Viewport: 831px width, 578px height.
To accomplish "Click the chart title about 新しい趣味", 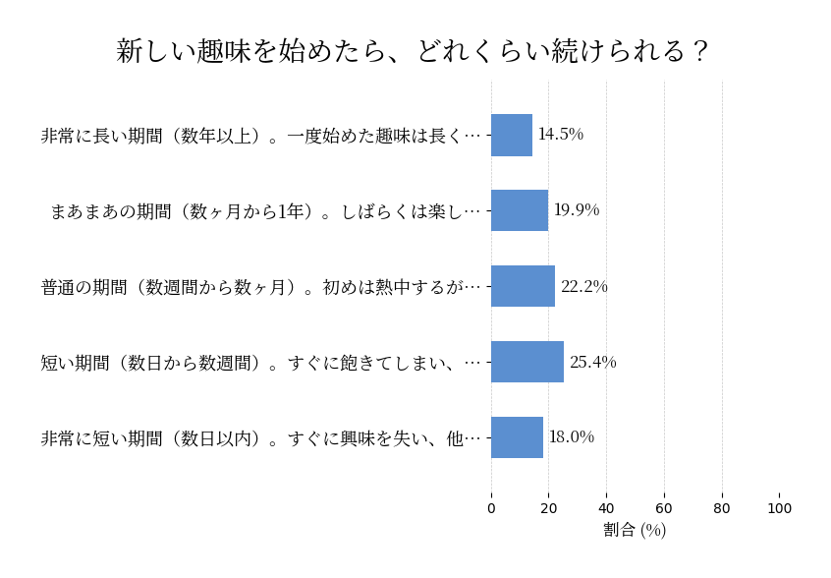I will [413, 51].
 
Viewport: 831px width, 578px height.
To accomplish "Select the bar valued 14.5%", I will [512, 135].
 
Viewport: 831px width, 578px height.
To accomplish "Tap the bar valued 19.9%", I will [520, 210].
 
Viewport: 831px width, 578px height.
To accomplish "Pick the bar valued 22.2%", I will [523, 286].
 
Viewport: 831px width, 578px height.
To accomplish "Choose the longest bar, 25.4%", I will [527, 362].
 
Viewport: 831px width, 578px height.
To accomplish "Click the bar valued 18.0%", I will [517, 437].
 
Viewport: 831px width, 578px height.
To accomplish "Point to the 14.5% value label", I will [560, 135].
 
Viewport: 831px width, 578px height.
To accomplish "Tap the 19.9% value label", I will [576, 210].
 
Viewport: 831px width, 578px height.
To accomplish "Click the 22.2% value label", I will [583, 286].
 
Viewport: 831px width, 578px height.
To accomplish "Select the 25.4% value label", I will [592, 362].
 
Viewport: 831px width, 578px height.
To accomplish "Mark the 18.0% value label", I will [571, 437].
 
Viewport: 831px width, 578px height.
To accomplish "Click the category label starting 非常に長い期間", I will [261, 136].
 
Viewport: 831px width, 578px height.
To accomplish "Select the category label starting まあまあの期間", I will [266, 211].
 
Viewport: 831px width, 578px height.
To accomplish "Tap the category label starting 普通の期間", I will [261, 287].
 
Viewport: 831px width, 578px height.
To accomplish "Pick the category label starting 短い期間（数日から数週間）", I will [261, 363].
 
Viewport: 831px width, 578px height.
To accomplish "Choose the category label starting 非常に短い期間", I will [261, 438].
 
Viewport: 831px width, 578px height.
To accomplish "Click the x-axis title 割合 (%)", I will [635, 530].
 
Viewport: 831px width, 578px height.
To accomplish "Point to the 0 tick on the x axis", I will [491, 508].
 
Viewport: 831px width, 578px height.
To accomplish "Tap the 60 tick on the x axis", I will [664, 508].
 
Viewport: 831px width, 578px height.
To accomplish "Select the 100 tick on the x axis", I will [779, 508].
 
